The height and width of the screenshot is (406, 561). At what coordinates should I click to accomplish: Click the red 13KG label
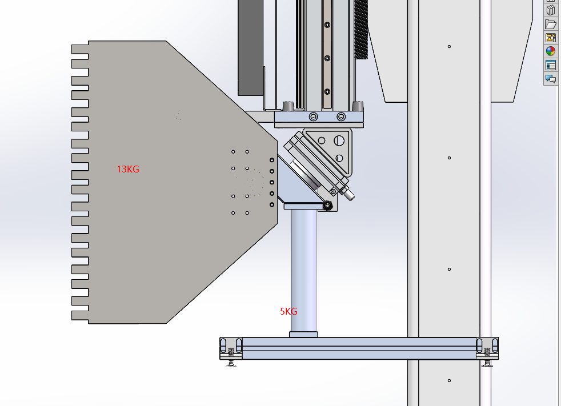coord(128,169)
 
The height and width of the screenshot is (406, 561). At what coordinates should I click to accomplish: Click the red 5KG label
coord(288,312)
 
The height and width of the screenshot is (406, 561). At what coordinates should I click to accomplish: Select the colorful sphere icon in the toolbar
coord(551,51)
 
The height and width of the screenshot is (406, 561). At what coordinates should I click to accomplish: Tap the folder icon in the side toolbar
coord(551,24)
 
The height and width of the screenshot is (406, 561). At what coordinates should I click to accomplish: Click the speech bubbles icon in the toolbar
coord(551,78)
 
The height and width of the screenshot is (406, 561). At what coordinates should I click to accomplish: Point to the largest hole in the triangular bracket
coord(339,140)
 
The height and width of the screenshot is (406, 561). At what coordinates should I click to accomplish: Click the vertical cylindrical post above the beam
coord(303,271)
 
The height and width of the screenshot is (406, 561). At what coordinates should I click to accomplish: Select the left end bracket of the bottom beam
coord(231,348)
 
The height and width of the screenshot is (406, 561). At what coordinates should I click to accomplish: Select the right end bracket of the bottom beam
coord(487,348)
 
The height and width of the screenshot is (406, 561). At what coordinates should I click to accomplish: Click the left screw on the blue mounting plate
coord(314,116)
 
